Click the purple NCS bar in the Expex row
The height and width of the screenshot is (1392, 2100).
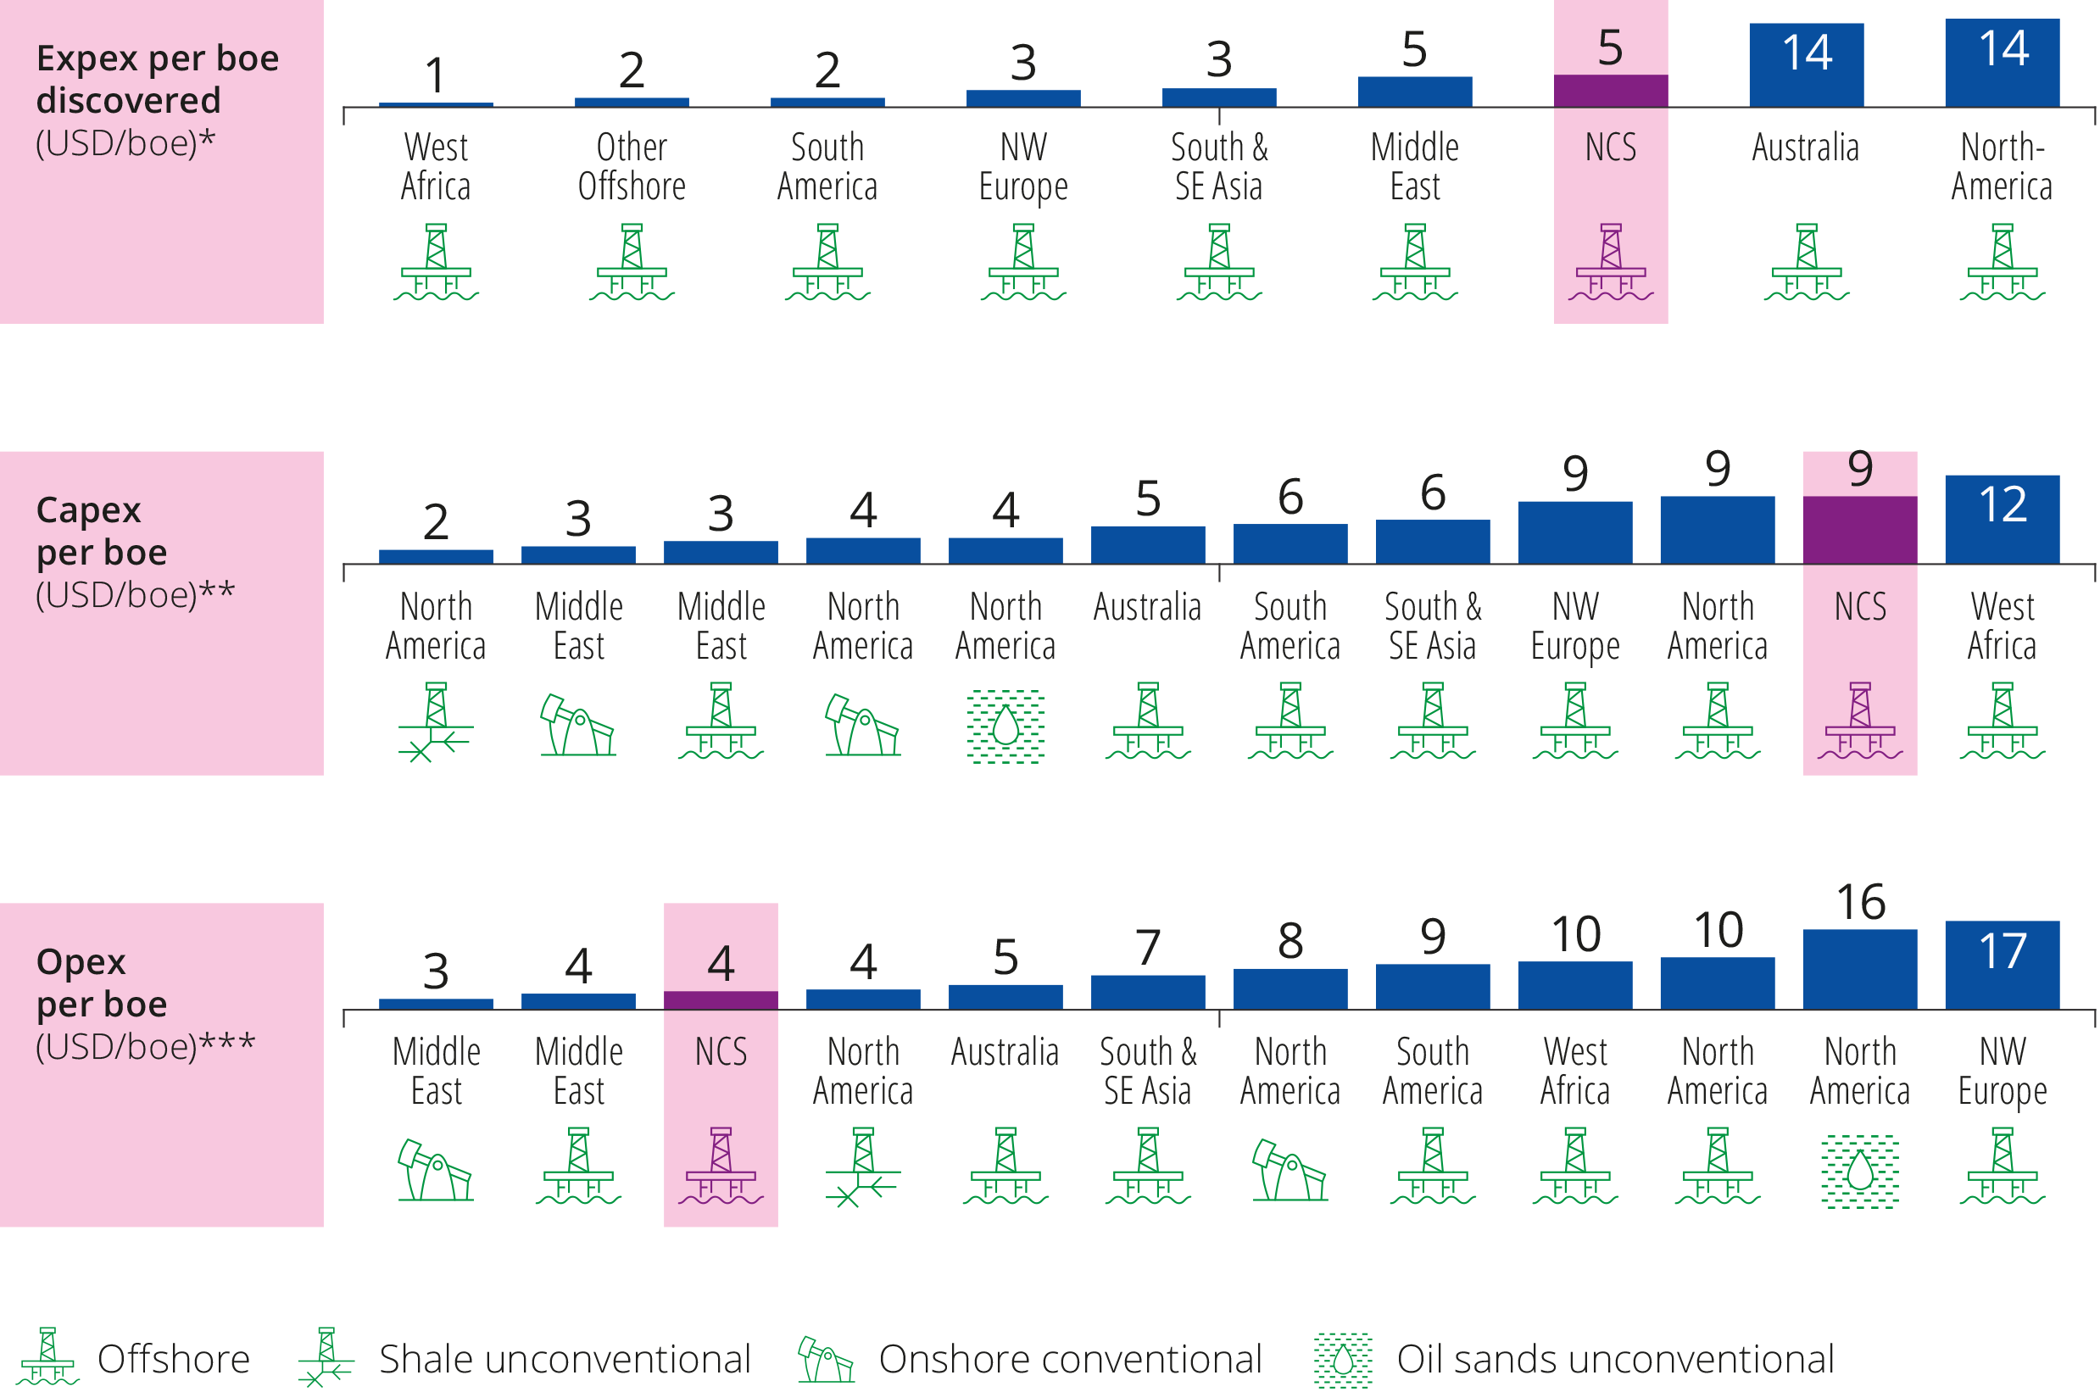coord(1610,91)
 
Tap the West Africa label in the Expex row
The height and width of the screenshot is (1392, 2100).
coord(435,167)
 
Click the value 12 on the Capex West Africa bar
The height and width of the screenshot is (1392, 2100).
coord(2003,504)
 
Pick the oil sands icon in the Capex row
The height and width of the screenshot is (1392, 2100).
coord(1005,727)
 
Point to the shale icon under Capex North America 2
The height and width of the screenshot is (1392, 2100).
coord(435,721)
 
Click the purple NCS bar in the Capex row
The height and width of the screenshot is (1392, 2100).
coord(1859,529)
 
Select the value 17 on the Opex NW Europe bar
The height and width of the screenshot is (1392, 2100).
coord(2003,951)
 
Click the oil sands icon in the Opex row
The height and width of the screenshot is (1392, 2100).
coord(1859,1171)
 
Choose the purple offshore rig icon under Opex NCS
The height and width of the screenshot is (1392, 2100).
coord(721,1166)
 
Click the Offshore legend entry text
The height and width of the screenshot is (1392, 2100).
coord(173,1359)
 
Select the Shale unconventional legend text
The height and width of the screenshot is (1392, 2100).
coord(565,1359)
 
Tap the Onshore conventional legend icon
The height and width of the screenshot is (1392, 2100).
coord(825,1359)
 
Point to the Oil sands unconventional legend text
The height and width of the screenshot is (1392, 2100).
coord(1614,1359)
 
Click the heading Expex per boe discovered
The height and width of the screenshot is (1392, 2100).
coord(157,79)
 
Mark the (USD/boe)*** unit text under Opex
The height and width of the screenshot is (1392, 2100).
coord(145,1047)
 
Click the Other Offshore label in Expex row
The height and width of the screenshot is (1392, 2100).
coord(631,167)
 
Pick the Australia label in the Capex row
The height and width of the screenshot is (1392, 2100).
coord(1147,608)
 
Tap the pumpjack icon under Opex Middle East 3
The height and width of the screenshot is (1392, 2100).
coord(435,1170)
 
